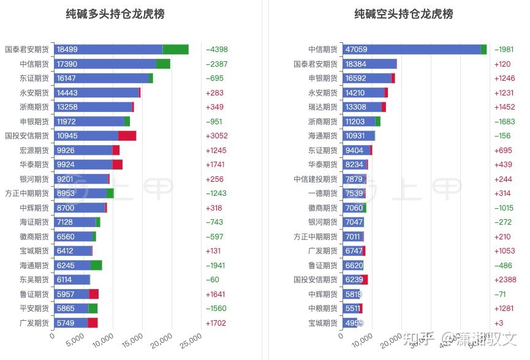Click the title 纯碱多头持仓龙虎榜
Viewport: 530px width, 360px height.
[115, 14]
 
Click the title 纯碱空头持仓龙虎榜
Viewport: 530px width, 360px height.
[404, 14]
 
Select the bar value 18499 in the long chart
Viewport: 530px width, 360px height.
[67, 50]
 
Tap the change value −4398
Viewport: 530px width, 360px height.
[217, 50]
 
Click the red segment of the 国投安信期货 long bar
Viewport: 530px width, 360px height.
[127, 136]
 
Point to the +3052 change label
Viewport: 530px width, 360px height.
[217, 136]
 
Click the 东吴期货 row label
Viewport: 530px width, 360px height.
[31, 280]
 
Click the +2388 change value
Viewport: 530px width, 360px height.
[505, 280]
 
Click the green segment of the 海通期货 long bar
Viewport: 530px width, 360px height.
[96, 265]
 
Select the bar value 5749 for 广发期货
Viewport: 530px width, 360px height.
[65, 323]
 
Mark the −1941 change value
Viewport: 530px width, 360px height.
[217, 265]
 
